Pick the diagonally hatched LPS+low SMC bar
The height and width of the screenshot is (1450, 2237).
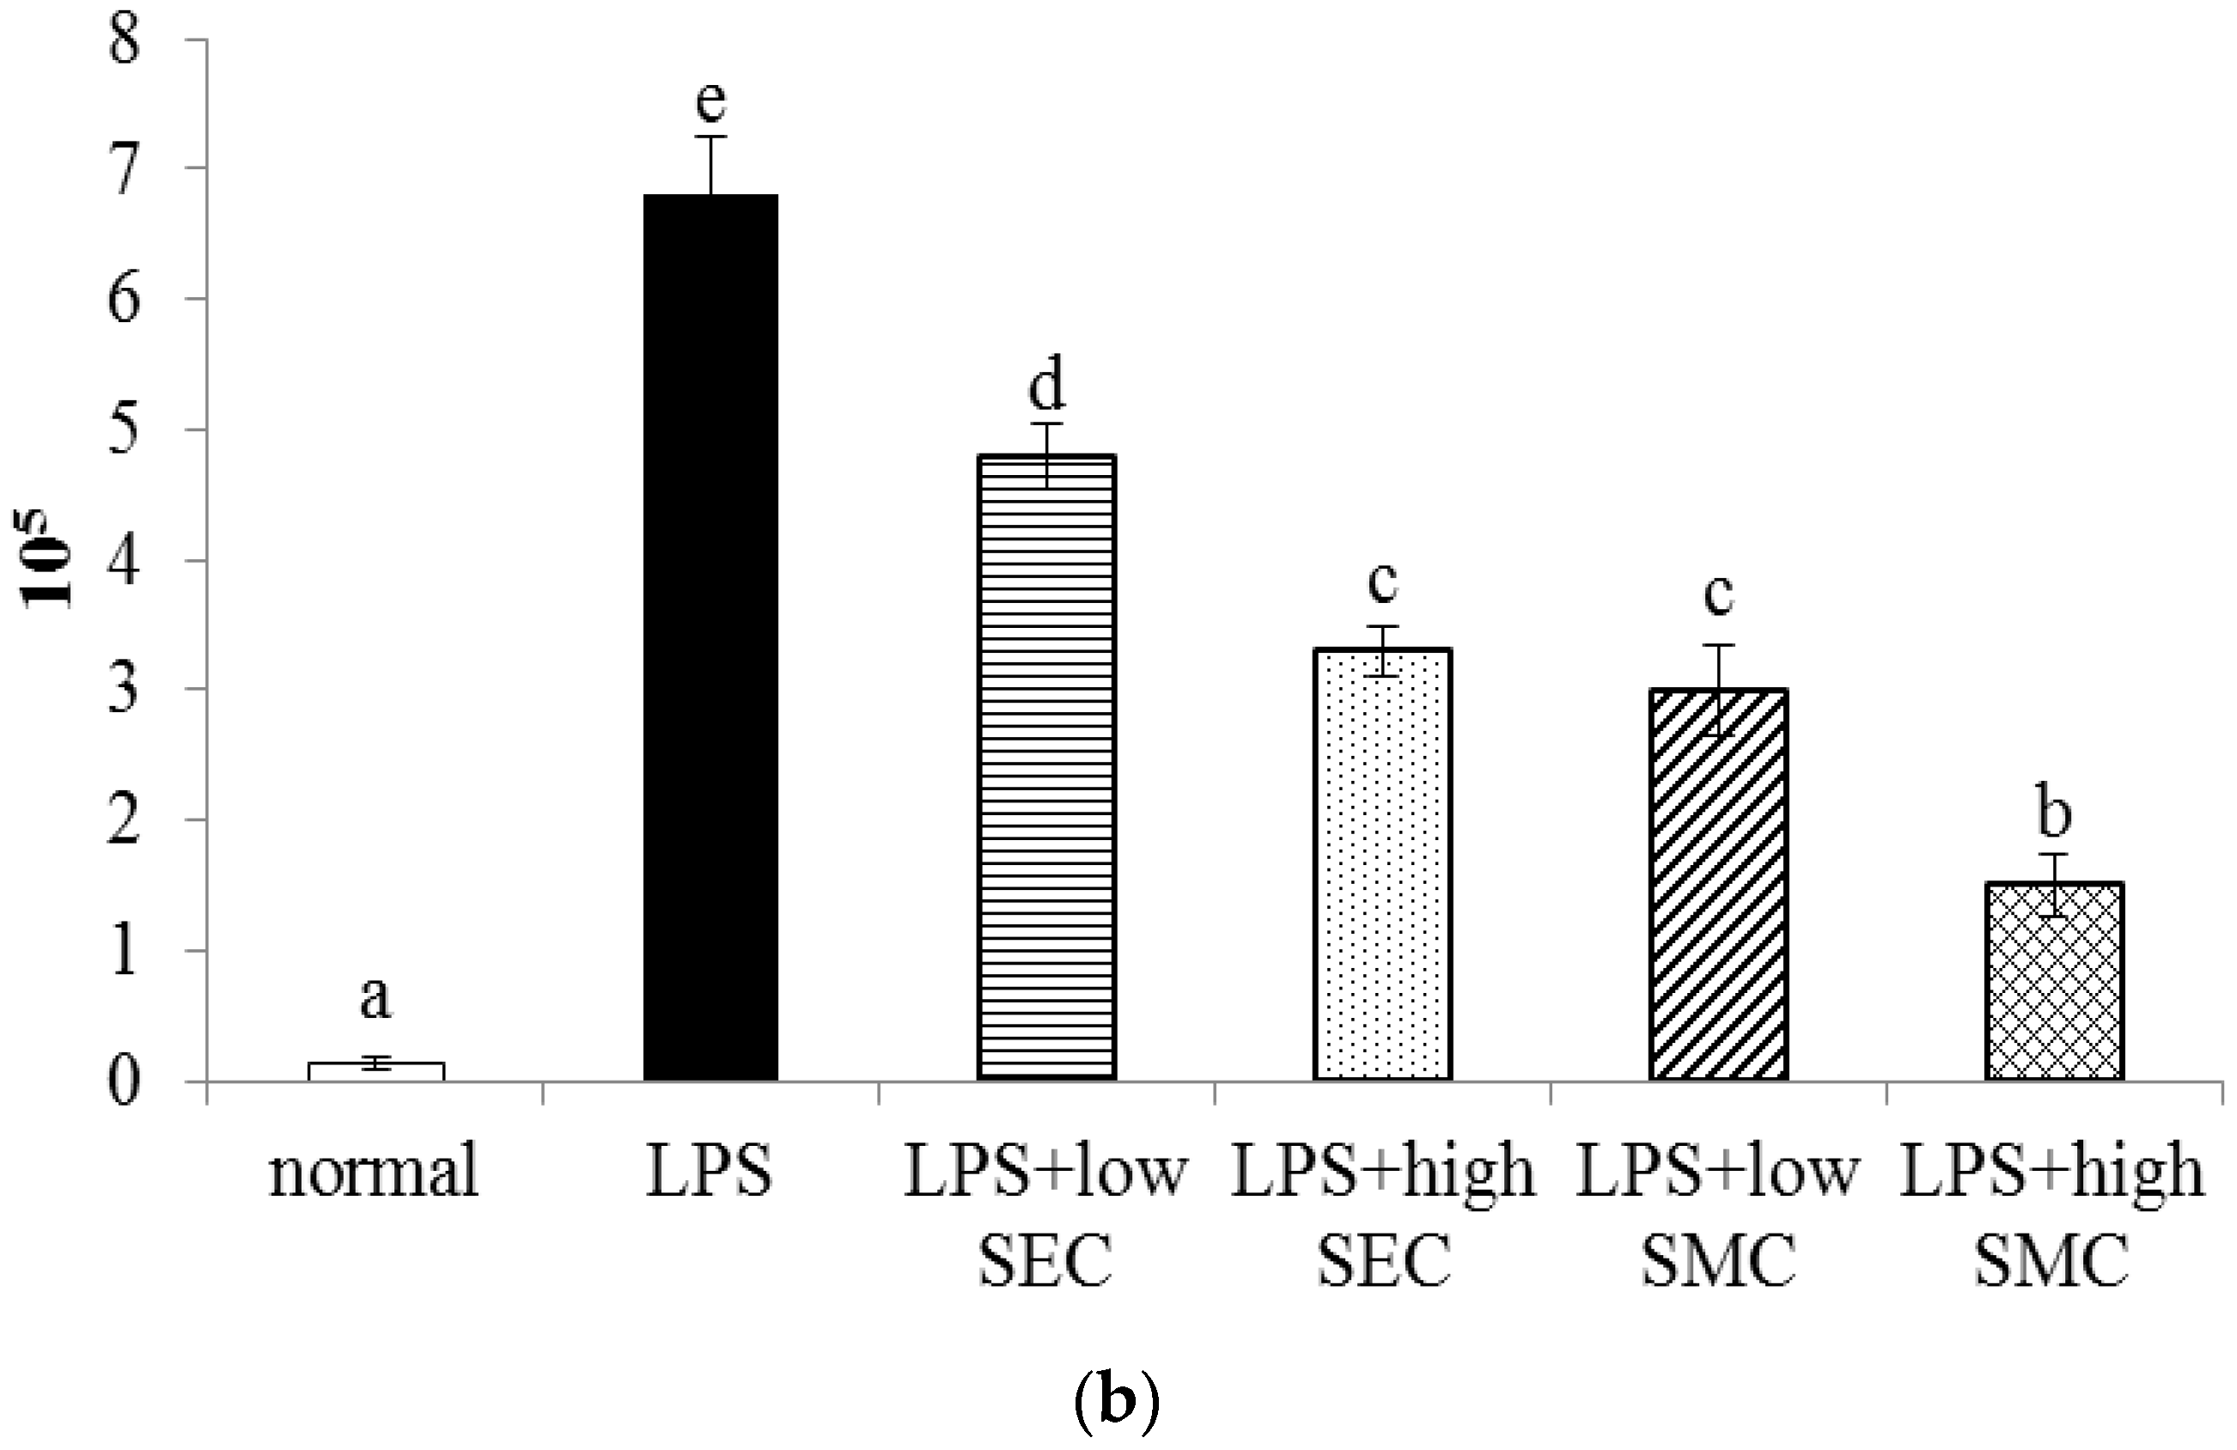(x=1718, y=883)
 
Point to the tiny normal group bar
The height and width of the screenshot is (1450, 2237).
(x=376, y=1070)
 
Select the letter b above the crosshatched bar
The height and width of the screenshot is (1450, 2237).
(x=2054, y=813)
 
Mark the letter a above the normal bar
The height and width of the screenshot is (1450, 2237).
(x=375, y=998)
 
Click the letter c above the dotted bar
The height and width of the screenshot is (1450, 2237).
(x=1381, y=582)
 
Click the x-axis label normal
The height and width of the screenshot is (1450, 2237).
(x=374, y=1173)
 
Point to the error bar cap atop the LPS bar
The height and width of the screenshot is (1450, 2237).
(x=710, y=137)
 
